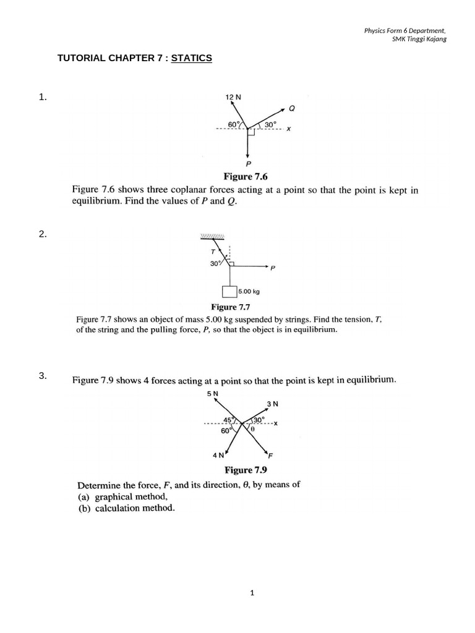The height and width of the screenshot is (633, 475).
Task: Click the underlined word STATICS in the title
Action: pyautogui.click(x=192, y=58)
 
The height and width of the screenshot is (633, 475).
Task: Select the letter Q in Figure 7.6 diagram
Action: pyautogui.click(x=292, y=108)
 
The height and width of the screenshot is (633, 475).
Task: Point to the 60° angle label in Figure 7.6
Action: pyautogui.click(x=233, y=124)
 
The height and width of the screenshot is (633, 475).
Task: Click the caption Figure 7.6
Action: pyautogui.click(x=248, y=176)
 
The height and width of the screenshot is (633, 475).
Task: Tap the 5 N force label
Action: pyautogui.click(x=213, y=393)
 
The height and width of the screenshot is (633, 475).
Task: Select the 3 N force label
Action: pyautogui.click(x=273, y=404)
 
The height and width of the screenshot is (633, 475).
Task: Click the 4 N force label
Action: pyautogui.click(x=218, y=456)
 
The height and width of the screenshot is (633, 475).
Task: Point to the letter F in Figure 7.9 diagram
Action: pyautogui.click(x=271, y=456)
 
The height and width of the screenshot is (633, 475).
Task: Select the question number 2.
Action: pyautogui.click(x=43, y=234)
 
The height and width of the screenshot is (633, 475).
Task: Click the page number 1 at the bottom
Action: pyautogui.click(x=252, y=593)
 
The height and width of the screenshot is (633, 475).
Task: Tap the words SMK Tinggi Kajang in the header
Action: pyautogui.click(x=419, y=39)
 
